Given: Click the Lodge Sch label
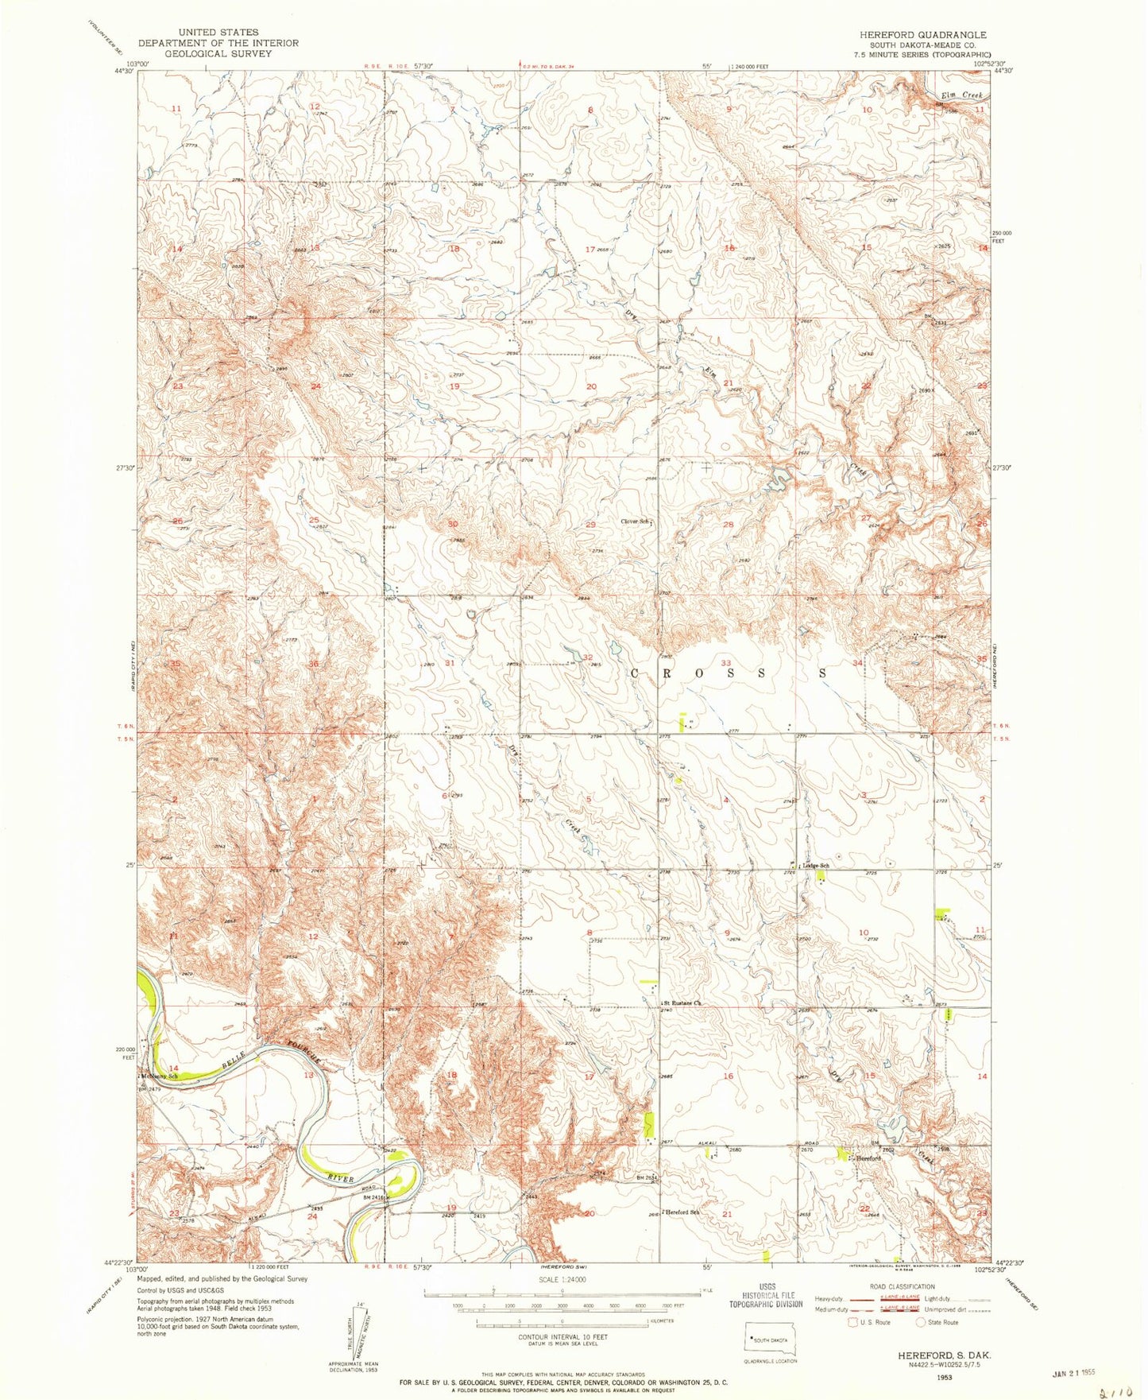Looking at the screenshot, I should tap(815, 865).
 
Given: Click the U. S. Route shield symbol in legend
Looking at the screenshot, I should tap(853, 1322).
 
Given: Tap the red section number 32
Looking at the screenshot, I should tap(588, 657).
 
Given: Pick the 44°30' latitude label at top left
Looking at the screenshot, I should tap(124, 71).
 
